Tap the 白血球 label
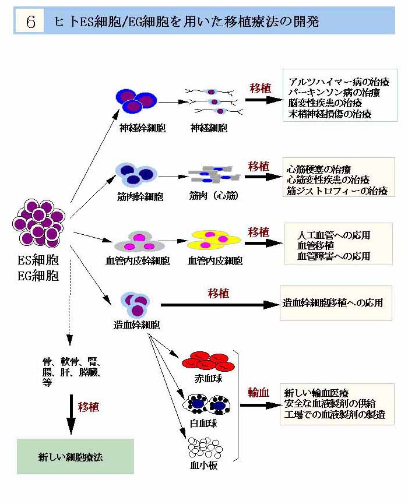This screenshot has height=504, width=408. tap(205, 424)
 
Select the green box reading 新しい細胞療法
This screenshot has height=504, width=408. tap(75, 456)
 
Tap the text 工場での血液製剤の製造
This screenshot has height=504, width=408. tap(335, 415)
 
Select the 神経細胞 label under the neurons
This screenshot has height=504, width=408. tap(209, 128)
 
